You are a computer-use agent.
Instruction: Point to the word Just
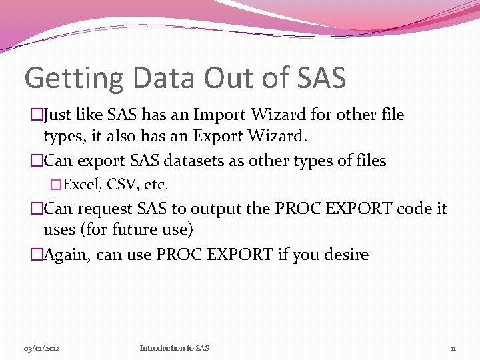[x=59, y=115]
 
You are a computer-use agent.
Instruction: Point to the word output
[x=215, y=209]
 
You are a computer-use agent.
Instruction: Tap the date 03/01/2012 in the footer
[x=42, y=349]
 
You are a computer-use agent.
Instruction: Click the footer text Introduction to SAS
[x=175, y=348]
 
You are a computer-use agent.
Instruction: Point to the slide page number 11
[x=453, y=349]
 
